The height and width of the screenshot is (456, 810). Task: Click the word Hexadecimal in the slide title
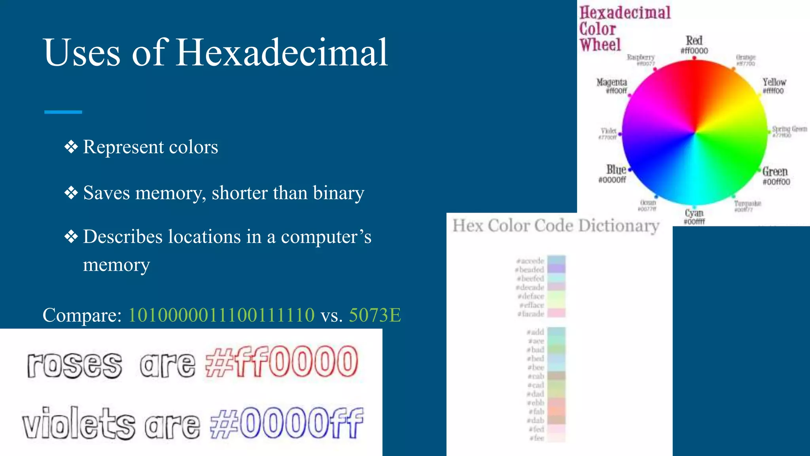[282, 53]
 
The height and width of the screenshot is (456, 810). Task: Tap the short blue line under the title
[63, 112]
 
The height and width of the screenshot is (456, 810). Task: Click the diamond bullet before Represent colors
[71, 147]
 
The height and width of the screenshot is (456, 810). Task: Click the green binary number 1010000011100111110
[221, 315]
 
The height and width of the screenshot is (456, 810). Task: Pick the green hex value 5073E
[375, 315]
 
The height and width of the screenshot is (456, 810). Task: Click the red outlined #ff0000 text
[282, 362]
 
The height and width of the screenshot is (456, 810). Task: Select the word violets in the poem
[78, 424]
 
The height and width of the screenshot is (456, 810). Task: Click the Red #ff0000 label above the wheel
[694, 45]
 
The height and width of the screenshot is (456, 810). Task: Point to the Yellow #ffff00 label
[774, 86]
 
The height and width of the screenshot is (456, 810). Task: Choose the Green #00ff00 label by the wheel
[776, 176]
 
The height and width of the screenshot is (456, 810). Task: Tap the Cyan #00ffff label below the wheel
[694, 217]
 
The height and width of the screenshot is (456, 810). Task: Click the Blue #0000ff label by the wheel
[613, 174]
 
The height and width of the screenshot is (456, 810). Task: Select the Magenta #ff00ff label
[612, 85]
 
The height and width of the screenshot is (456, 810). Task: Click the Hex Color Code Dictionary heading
[556, 226]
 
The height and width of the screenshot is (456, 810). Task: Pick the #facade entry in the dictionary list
[532, 314]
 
